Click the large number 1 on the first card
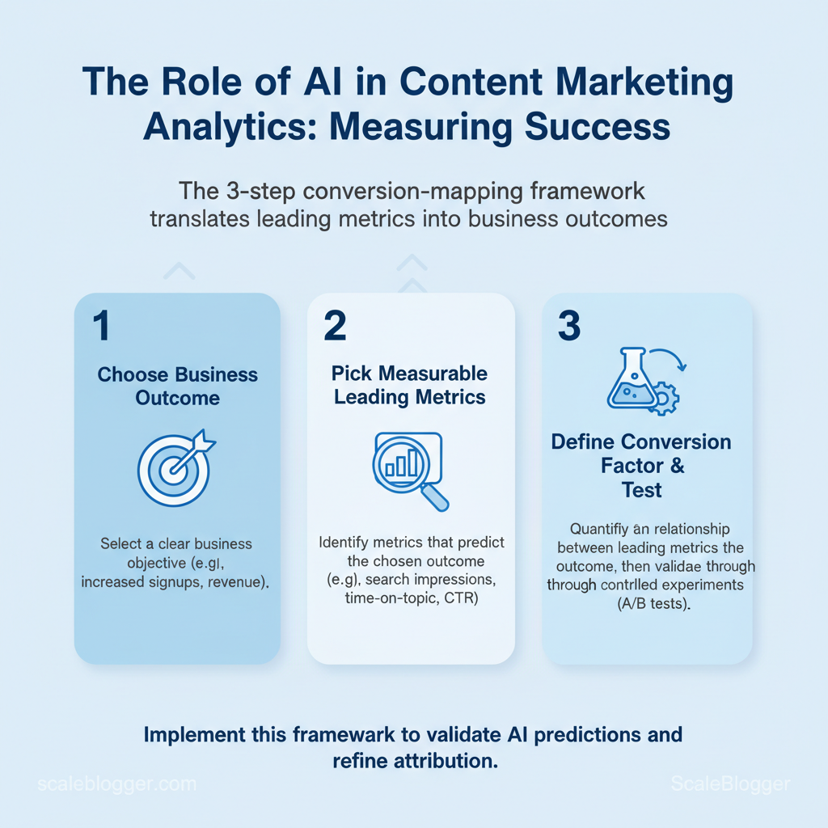[x=101, y=327]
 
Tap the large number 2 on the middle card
[x=335, y=327]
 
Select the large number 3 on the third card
[x=569, y=327]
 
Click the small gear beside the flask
[x=664, y=399]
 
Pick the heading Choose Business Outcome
[x=177, y=387]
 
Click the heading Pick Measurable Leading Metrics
[x=410, y=385]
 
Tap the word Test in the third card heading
[x=642, y=489]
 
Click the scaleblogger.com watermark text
[x=117, y=784]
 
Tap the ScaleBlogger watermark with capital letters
[x=731, y=783]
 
